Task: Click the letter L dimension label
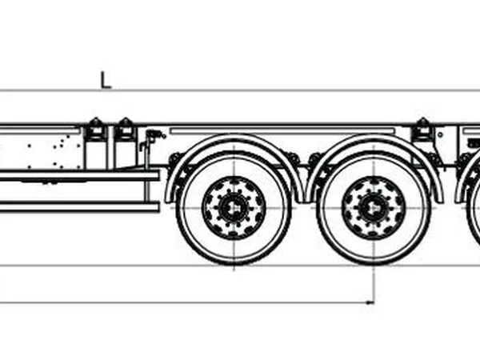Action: pos(106,80)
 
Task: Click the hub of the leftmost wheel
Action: pos(234,208)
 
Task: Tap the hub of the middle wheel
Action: pos(374,208)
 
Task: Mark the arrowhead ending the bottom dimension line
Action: pos(370,302)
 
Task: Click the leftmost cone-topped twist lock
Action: pos(96,129)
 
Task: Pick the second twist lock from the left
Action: pos(125,129)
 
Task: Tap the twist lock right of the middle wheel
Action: pos(422,129)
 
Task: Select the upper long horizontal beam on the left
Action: pos(79,176)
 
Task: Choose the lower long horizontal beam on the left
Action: pos(79,206)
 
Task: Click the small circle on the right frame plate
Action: pos(440,134)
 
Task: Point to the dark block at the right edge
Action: pos(474,142)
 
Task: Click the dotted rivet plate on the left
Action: pos(42,151)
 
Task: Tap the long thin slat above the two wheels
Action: pos(282,131)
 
